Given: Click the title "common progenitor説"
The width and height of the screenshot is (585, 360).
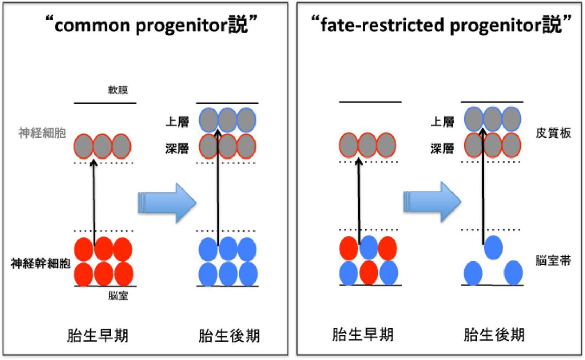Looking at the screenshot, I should click(152, 25).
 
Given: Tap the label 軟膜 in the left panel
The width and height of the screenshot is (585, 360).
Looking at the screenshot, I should click(118, 90).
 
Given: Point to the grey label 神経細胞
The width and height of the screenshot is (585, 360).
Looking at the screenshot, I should click(42, 133).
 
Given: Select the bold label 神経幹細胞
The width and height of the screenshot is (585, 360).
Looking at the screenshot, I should click(41, 263).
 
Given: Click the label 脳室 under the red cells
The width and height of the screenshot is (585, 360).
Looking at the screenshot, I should click(118, 296).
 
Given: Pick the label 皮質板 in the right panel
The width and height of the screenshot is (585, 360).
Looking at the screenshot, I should click(553, 133).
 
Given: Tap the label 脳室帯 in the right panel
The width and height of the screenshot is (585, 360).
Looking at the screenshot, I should click(553, 261).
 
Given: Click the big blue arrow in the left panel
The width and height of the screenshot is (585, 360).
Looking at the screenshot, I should click(167, 203).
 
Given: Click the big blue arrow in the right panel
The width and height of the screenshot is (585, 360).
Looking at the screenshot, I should click(432, 202).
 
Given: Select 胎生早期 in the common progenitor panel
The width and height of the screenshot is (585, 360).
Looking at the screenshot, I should click(98, 335).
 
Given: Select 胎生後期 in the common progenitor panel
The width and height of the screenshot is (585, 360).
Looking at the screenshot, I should click(229, 335).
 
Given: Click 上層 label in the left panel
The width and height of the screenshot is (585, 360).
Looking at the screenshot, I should click(177, 122).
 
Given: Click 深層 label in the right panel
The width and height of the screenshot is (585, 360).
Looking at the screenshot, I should click(442, 148).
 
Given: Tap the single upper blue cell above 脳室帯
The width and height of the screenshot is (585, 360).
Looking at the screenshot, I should click(493, 247).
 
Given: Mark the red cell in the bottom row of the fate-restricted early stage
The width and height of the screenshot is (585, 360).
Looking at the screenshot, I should click(369, 272).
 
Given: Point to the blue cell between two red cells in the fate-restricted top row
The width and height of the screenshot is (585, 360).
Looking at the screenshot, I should click(369, 247).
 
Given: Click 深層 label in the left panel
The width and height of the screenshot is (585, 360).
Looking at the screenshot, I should click(177, 148).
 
